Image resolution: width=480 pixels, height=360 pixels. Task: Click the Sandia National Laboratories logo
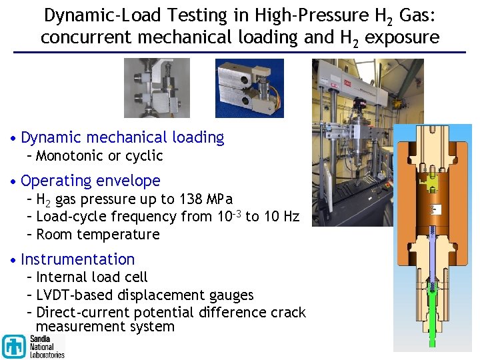(33, 345)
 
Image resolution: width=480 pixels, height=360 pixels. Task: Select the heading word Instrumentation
(78, 259)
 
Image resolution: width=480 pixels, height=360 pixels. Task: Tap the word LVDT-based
(75, 295)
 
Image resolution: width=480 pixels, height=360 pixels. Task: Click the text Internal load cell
(91, 277)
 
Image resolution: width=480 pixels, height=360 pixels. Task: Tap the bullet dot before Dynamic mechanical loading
(15, 139)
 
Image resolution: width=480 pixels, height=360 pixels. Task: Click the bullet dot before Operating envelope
(15, 181)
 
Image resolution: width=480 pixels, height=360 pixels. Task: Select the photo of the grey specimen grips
(157, 88)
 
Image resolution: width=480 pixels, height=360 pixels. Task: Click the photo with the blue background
(249, 88)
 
